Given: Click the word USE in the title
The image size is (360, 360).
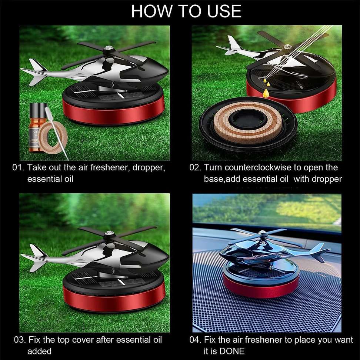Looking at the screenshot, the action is click(x=224, y=11).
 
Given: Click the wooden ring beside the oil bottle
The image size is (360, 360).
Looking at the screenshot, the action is click(x=53, y=137).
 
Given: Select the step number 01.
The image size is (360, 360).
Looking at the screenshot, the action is click(x=18, y=167).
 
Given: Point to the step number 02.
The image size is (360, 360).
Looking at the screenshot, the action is click(x=195, y=167).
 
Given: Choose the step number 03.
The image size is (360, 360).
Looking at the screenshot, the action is click(x=20, y=340).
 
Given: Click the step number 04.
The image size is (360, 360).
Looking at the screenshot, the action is click(x=196, y=340).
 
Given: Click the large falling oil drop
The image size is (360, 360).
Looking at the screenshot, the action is click(x=266, y=92).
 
